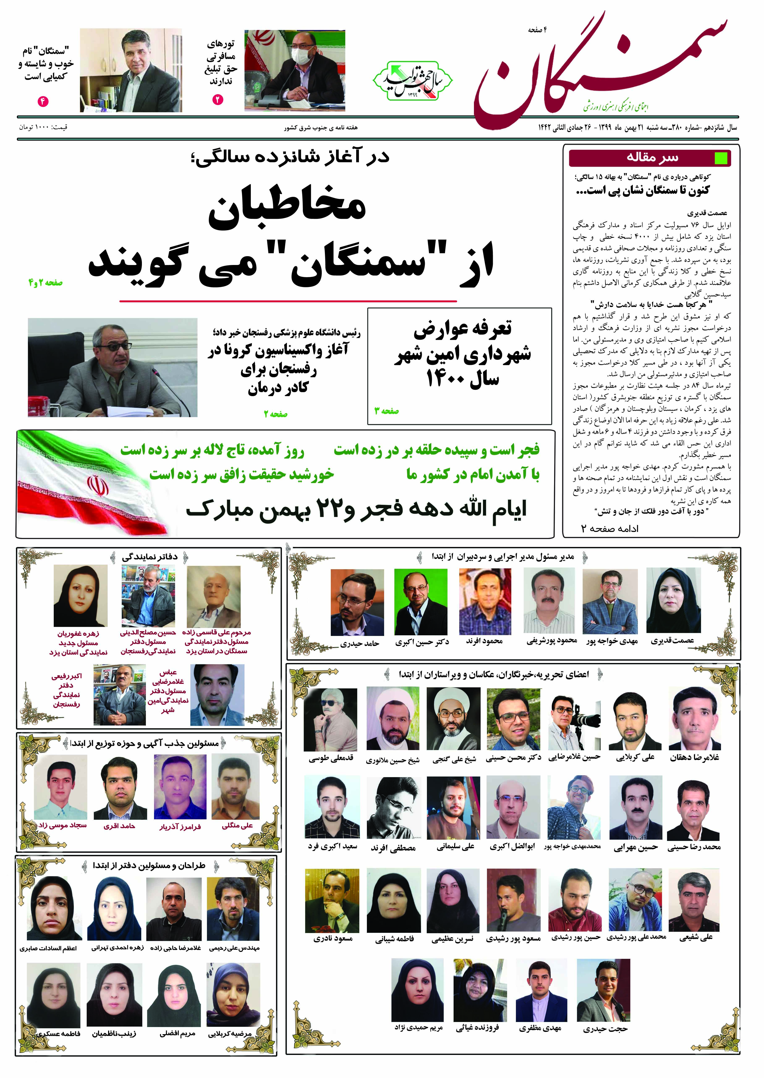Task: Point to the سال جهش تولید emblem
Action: [x=413, y=81]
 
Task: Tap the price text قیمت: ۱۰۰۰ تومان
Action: [x=43, y=127]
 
